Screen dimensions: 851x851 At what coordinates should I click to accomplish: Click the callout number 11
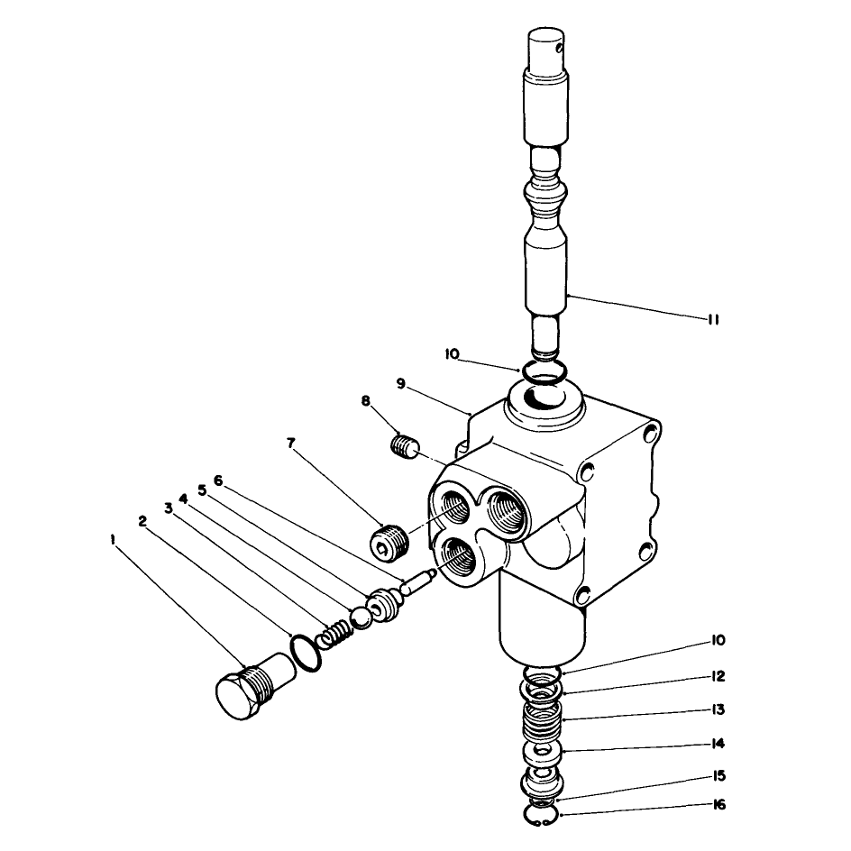714,320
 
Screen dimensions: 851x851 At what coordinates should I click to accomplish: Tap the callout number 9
400,384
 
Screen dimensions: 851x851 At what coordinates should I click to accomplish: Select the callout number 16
719,804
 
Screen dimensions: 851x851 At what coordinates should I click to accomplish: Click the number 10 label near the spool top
452,354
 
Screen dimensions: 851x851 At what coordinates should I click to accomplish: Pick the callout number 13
718,709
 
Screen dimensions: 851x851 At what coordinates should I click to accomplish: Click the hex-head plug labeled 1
255,686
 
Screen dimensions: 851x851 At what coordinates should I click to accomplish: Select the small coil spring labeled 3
334,634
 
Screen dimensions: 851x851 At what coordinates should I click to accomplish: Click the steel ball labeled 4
361,618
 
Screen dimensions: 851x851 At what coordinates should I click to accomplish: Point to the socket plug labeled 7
389,541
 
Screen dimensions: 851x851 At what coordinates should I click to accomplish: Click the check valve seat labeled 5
385,606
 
